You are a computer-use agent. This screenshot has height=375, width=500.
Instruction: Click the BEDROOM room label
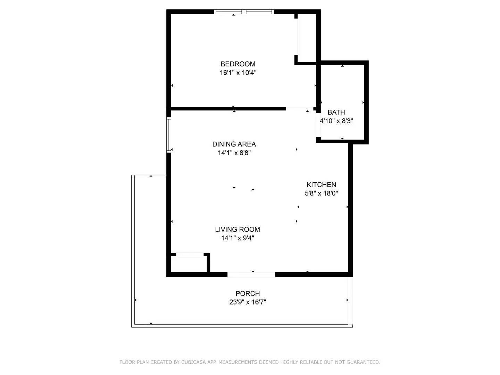(238, 64)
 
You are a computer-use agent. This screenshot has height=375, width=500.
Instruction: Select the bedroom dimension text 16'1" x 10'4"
(238, 73)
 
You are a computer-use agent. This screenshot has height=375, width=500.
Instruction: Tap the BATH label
(336, 112)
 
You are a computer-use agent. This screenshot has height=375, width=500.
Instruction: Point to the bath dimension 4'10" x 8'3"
(336, 121)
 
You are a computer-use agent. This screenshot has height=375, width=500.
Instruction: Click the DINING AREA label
(234, 144)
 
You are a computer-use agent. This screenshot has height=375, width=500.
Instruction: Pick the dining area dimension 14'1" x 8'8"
(234, 153)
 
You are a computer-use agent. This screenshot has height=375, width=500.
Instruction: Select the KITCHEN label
(321, 185)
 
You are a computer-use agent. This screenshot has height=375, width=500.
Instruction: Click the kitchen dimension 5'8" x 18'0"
(321, 193)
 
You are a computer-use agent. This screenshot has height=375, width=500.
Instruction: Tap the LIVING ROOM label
(237, 229)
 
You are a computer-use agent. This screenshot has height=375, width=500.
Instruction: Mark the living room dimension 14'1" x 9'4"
(237, 238)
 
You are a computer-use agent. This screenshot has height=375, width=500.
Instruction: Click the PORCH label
(248, 293)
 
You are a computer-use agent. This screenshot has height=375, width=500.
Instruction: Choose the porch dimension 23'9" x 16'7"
(248, 302)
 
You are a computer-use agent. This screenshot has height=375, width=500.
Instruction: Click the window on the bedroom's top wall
(244, 12)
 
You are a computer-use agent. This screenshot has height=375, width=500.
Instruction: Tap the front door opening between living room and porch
(251, 275)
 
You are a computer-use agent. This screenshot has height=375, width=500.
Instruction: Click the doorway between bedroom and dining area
(300, 109)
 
